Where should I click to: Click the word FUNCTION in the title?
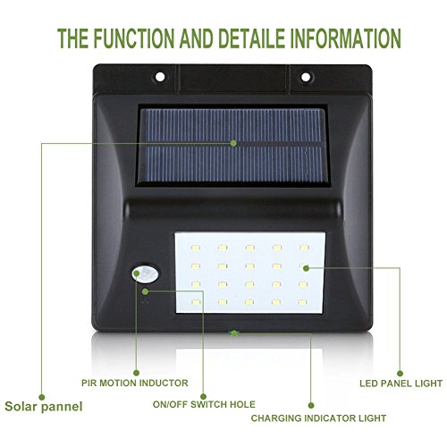[x=134, y=38]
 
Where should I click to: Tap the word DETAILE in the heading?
[x=251, y=38]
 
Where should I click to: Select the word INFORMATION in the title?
[x=346, y=38]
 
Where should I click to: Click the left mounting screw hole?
[x=160, y=77]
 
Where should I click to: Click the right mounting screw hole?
[x=306, y=77]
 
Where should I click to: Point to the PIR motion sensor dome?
[x=145, y=274]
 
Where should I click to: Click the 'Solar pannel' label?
[x=44, y=407]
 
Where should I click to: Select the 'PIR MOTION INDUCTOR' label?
[x=135, y=383]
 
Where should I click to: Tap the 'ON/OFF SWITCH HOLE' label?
[x=204, y=404]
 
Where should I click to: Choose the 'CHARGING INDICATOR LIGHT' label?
[x=318, y=418]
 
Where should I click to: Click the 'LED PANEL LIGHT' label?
[x=401, y=384]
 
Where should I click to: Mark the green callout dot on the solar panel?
[x=233, y=143]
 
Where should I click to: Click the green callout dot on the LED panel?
[x=306, y=268]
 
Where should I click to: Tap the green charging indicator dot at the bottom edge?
[x=234, y=333]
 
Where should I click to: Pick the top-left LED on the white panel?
[x=196, y=248]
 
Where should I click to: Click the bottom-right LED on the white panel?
[x=302, y=302]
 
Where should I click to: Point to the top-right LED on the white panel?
[x=304, y=248]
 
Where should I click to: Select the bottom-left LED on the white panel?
[x=196, y=302]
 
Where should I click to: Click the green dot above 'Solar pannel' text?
[x=42, y=397]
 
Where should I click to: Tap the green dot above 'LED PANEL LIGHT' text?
[x=401, y=374]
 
